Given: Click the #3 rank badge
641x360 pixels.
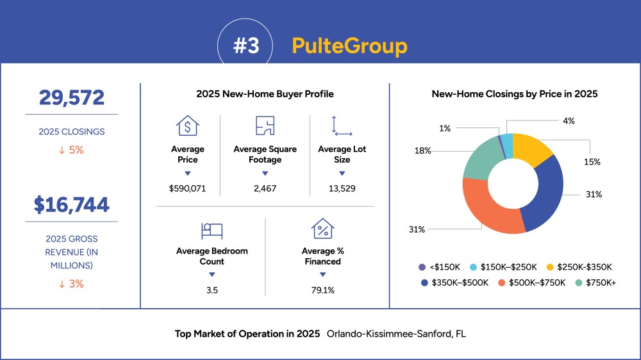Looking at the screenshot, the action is [x=246, y=45].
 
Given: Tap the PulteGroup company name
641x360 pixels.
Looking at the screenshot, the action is [x=349, y=45].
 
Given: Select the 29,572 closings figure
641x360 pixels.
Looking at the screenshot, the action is [x=72, y=97].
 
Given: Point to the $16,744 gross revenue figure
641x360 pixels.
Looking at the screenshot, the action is [x=72, y=205].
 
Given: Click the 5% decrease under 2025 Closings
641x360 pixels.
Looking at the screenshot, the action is [x=72, y=150].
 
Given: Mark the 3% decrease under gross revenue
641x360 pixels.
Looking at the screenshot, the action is [x=72, y=284].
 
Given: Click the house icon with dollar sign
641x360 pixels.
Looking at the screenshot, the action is [x=188, y=126].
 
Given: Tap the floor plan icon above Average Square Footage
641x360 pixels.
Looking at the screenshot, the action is [x=265, y=126].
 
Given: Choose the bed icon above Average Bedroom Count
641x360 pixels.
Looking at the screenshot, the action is [x=212, y=231].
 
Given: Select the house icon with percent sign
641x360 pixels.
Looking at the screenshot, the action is [x=322, y=229].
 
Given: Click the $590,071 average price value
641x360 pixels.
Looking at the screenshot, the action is [x=187, y=188].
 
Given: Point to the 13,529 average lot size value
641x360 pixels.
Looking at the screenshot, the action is [x=342, y=188].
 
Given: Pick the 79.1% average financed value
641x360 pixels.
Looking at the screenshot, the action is [x=322, y=290].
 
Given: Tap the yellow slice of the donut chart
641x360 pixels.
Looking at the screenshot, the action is [x=531, y=148].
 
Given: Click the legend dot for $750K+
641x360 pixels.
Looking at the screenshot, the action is [x=578, y=282].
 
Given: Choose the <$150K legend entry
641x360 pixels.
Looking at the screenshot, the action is [x=440, y=267].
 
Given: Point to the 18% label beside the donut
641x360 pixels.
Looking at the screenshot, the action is [x=422, y=151].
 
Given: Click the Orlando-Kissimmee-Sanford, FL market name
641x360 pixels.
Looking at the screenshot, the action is [x=396, y=334].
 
